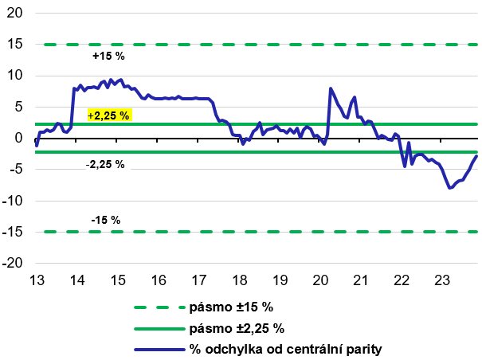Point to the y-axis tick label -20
pos(15,263)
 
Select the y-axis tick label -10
pos(15,201)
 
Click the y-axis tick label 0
pos(21,138)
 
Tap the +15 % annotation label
pos(109,57)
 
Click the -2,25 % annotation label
pos(105,164)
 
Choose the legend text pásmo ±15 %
pos(231,307)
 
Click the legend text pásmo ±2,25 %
pos(237,328)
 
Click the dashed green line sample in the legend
pos(157,307)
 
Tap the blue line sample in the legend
pos(157,349)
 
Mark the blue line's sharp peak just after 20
pos(330,88)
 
